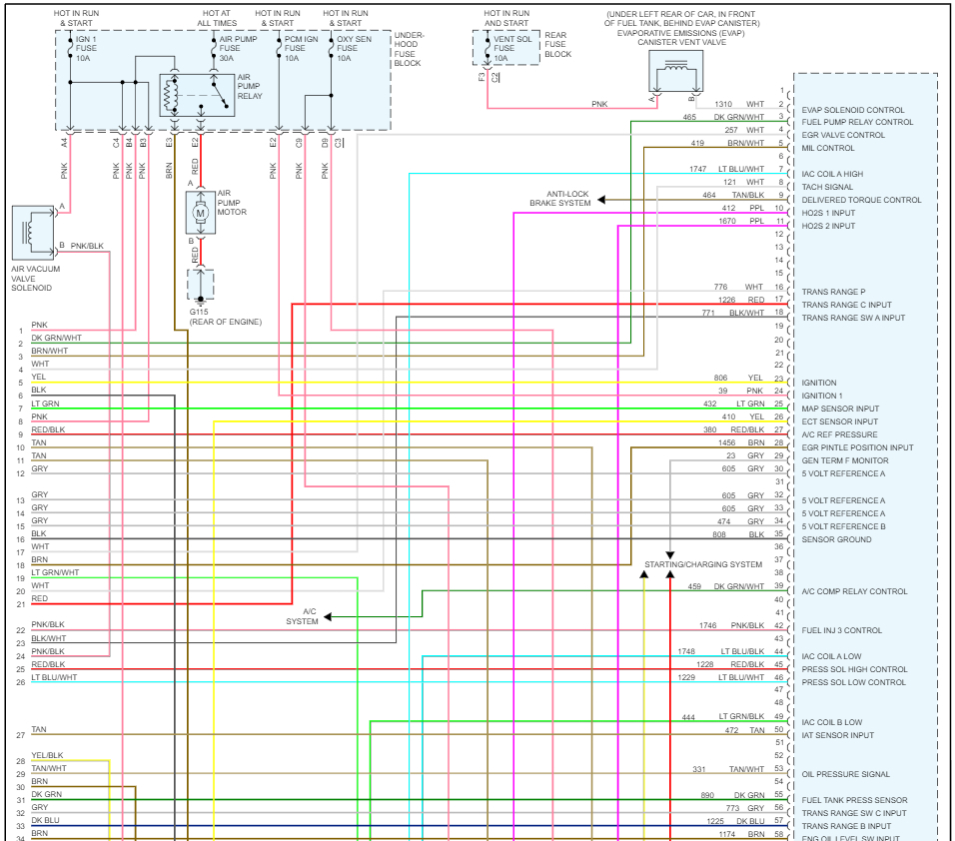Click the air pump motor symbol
pos(200,212)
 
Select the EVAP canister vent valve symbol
pos(675,71)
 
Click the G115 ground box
pos(201,285)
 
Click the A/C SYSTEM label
pos(302,616)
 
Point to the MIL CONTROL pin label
pos(828,148)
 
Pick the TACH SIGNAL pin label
pos(827,187)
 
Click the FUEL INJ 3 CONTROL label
pos(841,630)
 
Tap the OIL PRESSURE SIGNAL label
pos(845,774)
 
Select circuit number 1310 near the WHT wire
pos(723,104)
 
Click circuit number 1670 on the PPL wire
pos(726,221)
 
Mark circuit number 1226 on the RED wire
pos(726,299)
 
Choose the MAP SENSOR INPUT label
pos(840,409)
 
